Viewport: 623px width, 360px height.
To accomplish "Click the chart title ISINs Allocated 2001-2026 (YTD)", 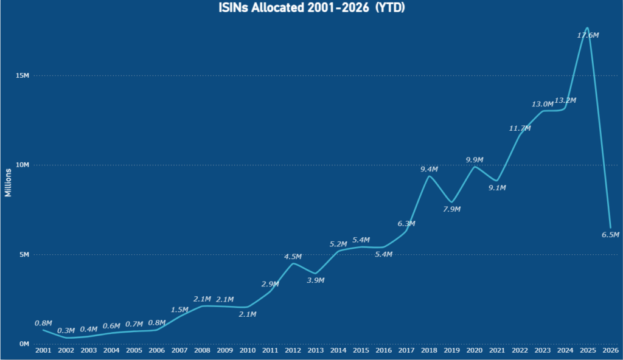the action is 311,7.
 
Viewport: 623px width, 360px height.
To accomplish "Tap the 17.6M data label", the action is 588,35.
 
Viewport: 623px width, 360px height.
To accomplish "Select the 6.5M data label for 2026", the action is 610,235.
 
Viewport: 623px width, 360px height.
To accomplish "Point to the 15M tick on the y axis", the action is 23,75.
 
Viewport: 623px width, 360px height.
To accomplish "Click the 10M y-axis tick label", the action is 23,165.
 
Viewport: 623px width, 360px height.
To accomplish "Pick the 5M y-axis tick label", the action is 24,254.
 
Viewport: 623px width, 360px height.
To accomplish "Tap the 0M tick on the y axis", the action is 24,344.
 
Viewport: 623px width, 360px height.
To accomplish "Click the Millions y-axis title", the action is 8,183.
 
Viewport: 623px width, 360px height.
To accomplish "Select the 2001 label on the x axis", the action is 43,350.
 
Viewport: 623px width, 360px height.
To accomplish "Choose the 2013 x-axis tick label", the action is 316,350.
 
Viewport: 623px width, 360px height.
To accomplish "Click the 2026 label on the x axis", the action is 611,350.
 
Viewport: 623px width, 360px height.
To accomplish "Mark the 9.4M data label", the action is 429,169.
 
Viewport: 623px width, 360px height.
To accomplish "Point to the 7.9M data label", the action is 452,209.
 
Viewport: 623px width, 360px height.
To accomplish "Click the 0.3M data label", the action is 66,331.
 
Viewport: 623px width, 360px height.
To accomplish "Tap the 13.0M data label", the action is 542,104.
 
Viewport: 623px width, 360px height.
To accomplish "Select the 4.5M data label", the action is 293,257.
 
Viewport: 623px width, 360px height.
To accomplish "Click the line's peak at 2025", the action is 587,27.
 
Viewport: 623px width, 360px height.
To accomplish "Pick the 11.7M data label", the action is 520,128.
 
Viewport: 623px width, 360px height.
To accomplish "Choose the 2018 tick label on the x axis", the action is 429,350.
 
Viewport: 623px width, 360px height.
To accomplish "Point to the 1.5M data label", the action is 179,310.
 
